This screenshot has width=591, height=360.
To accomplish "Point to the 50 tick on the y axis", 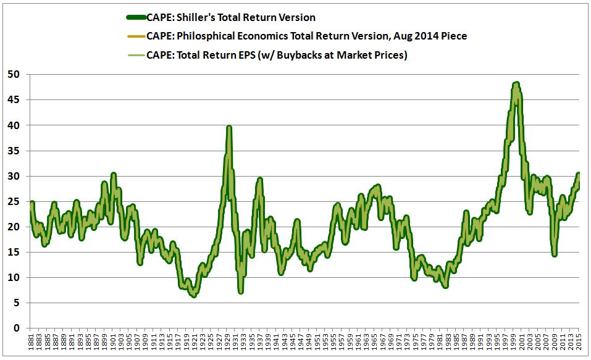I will coord(14,74).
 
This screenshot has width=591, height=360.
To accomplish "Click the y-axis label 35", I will coord(14,151).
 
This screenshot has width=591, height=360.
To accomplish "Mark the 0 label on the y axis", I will coord(17,329).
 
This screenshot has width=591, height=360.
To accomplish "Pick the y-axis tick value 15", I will coord(14,253).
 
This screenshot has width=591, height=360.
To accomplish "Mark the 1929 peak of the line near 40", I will coord(229,127).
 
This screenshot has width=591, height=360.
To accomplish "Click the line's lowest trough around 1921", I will coord(194,295).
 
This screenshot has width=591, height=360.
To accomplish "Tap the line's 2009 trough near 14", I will coord(555,254).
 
